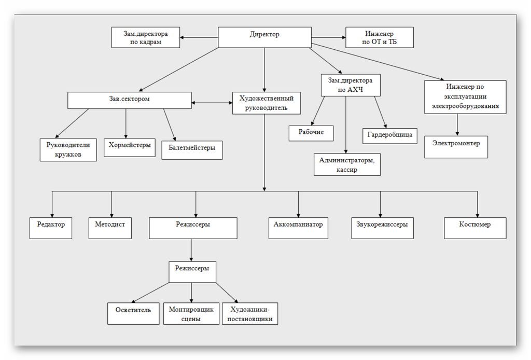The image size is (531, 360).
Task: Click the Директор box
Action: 264,37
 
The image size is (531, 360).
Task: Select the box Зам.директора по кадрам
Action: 146,38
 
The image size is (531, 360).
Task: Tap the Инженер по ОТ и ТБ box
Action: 380,38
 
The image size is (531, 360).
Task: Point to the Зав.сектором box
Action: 129,100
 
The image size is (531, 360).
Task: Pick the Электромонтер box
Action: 456,147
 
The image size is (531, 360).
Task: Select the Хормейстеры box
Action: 130,149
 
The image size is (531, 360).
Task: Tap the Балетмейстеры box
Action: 192,150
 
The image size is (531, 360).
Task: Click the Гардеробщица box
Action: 389,135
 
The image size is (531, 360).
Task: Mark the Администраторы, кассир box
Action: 347,164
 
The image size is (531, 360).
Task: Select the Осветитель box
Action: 133,313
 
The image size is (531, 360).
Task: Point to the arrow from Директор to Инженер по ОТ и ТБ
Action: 328,37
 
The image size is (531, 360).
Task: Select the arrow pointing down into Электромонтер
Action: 457,124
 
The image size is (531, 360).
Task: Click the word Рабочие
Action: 311,132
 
